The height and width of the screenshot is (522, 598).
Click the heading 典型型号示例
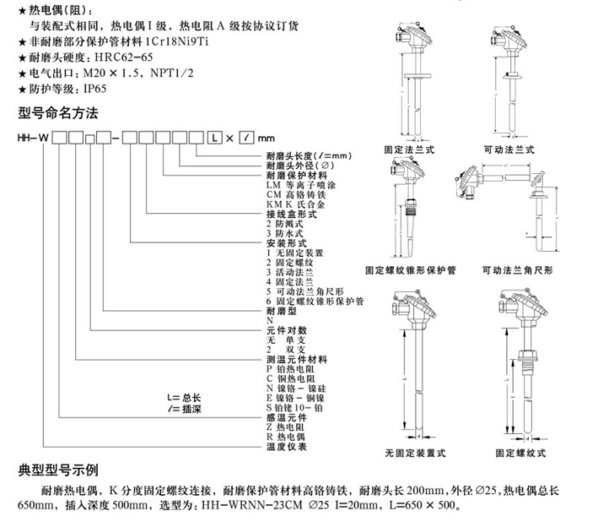click(x=59, y=470)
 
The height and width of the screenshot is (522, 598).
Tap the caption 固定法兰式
click(x=409, y=149)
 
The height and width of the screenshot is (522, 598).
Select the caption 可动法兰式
click(x=509, y=149)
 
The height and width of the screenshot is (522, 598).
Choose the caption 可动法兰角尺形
click(x=517, y=271)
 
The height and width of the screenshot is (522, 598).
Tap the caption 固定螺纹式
click(x=520, y=452)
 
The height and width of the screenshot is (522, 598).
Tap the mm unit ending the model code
click(x=266, y=137)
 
